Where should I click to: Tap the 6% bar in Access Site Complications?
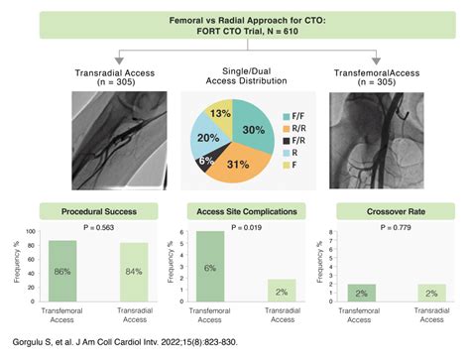(x=211, y=267)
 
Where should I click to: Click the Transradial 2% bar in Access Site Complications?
(x=282, y=291)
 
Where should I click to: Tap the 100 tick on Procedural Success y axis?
(x=31, y=232)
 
